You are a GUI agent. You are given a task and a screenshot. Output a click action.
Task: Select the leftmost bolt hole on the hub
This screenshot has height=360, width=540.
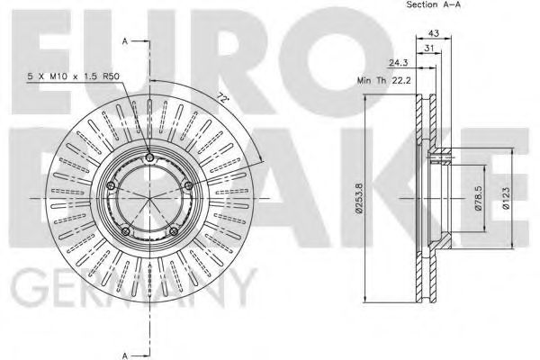pos(111,185)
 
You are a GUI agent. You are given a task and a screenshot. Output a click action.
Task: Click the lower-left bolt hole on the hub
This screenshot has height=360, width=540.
pos(125,232)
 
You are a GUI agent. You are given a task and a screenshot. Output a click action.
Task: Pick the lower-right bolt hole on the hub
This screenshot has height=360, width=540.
pos(173,232)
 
